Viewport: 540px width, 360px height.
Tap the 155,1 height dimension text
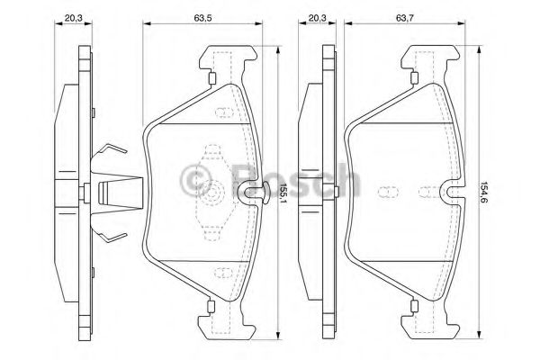(x=282, y=193)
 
